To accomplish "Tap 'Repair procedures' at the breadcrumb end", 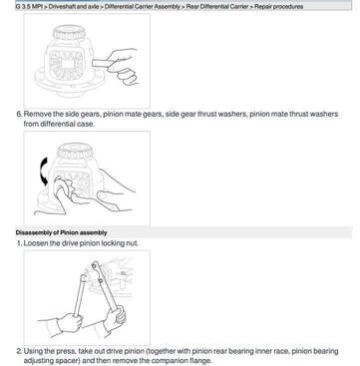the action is (278, 6).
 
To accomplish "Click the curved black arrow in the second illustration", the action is (44, 172).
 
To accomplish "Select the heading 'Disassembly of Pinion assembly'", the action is (61, 232).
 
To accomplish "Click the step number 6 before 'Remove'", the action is (19, 114).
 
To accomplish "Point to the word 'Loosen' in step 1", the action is (36, 243).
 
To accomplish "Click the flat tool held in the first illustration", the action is (103, 63).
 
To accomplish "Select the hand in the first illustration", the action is (122, 67).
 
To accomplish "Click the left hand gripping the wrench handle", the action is (70, 322).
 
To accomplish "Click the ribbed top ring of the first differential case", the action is (69, 33).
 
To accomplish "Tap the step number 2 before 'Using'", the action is (19, 351).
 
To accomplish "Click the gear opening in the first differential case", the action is (66, 64).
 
